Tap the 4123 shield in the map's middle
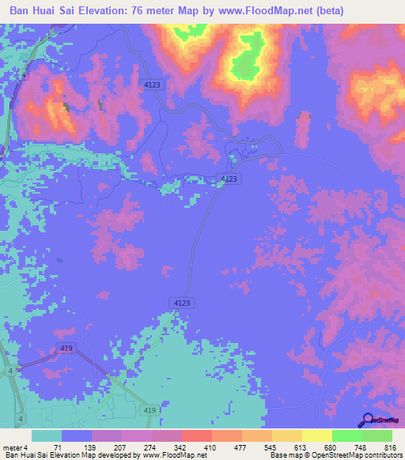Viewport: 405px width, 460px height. [228, 179]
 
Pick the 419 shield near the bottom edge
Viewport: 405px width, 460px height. [150, 411]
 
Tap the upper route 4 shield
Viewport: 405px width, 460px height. [9, 370]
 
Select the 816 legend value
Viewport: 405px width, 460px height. [389, 447]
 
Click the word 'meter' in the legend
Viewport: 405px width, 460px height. [13, 447]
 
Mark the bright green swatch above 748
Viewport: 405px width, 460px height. [347, 435]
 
